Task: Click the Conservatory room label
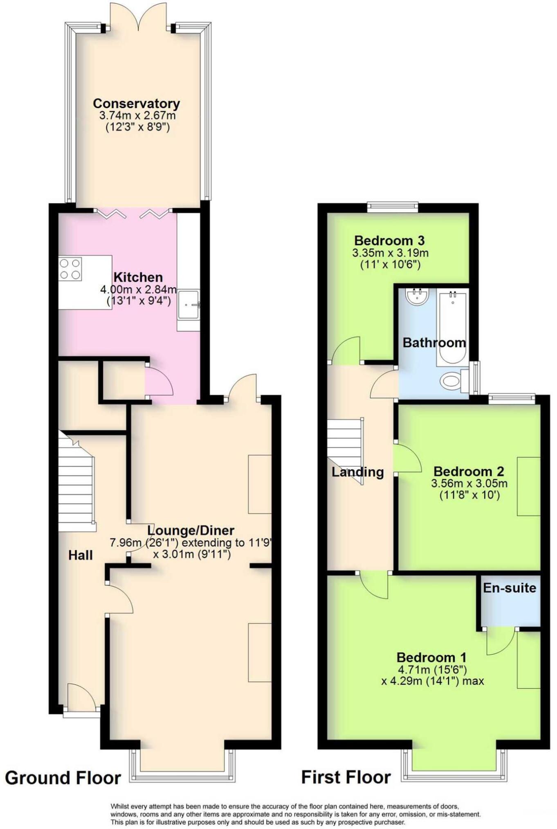pyautogui.click(x=136, y=103)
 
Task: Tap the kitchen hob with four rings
pyautogui.click(x=70, y=269)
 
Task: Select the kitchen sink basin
pyautogui.click(x=189, y=304)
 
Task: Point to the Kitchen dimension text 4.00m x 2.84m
pyautogui.click(x=138, y=290)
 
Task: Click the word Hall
pyautogui.click(x=81, y=555)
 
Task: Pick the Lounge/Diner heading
pyautogui.click(x=191, y=531)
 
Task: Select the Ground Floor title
pyautogui.click(x=63, y=778)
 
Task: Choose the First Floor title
pyautogui.click(x=346, y=777)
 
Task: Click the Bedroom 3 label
pyautogui.click(x=389, y=240)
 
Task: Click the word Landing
pyautogui.click(x=357, y=472)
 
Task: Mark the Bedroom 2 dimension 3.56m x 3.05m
pyautogui.click(x=469, y=483)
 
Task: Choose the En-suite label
pyautogui.click(x=510, y=588)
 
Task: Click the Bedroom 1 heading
pyautogui.click(x=431, y=657)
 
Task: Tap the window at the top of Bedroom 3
pyautogui.click(x=393, y=206)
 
